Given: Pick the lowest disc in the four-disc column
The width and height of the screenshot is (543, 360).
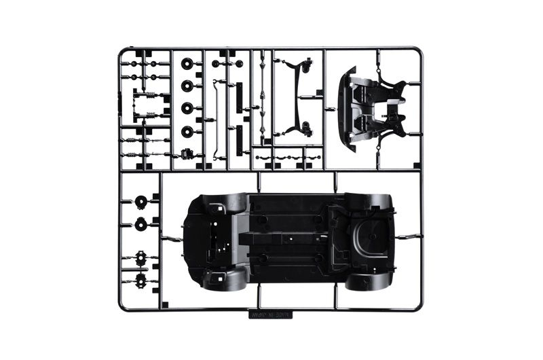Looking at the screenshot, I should pyautogui.click(x=187, y=130).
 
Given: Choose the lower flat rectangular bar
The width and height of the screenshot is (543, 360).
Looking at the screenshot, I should pyautogui.click(x=239, y=141).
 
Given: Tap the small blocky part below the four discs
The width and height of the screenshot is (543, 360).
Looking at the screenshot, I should pyautogui.click(x=187, y=153).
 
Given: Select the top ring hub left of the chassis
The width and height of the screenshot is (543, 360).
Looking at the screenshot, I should pyautogui.click(x=141, y=202).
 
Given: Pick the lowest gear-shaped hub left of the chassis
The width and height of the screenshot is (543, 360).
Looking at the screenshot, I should pyautogui.click(x=141, y=278).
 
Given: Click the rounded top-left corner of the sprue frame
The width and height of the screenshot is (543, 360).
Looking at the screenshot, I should pyautogui.click(x=122, y=51).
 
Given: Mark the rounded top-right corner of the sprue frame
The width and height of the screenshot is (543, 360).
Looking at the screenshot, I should pyautogui.click(x=419, y=51).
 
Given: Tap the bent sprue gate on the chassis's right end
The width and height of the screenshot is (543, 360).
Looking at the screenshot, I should pyautogui.click(x=406, y=237).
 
